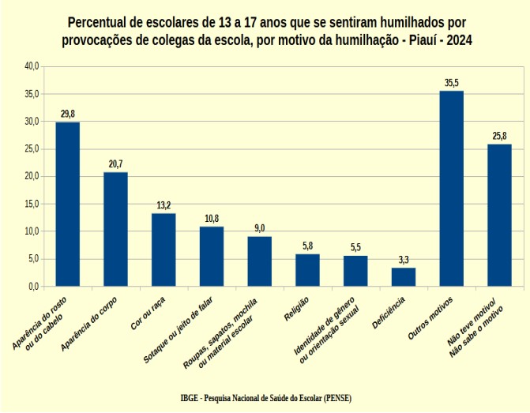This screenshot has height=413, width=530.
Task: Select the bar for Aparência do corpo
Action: pos(115,229)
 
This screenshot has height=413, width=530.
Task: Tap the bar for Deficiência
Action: pos(403,276)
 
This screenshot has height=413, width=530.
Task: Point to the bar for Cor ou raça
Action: pos(164,250)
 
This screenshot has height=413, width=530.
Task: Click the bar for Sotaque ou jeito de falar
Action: pos(212,256)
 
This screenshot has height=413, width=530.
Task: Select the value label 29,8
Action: pos(67,114)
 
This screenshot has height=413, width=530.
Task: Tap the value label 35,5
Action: pos(451,82)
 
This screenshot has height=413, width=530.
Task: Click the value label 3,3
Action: pos(403,259)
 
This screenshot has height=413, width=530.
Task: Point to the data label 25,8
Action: pos(499,136)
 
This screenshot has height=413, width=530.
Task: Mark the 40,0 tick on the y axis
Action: pos(32,66)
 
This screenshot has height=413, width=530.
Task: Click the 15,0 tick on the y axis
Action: pos(32,204)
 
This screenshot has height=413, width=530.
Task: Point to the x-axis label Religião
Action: pos(299,309)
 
